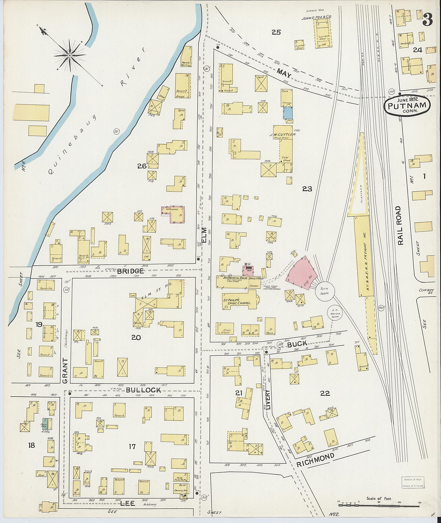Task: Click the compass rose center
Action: [x=70, y=55]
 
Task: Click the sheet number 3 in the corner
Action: [x=427, y=19]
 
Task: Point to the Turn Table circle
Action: [x=324, y=291]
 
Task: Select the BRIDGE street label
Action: [x=131, y=271]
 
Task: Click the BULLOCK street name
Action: [x=143, y=390]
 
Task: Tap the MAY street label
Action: [x=284, y=73]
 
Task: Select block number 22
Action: [x=325, y=393]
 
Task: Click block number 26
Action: [x=142, y=166]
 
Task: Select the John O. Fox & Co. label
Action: [x=316, y=18]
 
